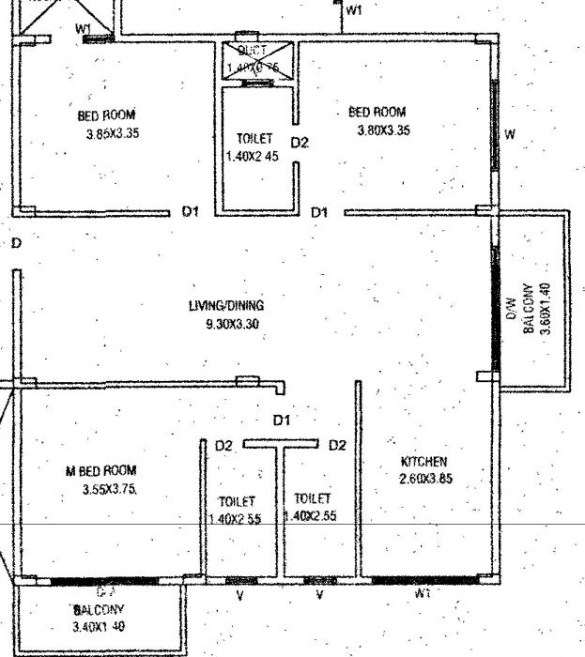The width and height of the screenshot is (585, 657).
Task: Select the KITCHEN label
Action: click(x=423, y=462)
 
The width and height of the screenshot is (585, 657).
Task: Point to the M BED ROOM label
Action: click(x=100, y=471)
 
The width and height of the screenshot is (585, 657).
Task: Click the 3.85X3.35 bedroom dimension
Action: click(x=112, y=133)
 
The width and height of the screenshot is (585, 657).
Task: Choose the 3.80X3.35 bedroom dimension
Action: click(x=383, y=130)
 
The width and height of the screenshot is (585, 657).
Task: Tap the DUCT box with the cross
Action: click(x=259, y=60)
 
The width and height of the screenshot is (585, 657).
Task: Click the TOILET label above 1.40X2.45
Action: click(x=254, y=139)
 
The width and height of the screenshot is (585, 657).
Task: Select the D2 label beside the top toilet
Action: click(x=299, y=143)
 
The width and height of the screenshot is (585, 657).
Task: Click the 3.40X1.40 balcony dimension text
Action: click(x=98, y=626)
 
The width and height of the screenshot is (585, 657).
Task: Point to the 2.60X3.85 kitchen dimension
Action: click(x=425, y=478)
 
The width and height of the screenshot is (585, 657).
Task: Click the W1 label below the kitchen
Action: click(x=423, y=595)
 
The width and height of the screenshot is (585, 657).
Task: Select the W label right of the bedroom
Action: click(x=510, y=134)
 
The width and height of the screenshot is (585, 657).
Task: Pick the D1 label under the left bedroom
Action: click(x=191, y=212)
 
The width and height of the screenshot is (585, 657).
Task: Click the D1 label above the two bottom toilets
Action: click(x=281, y=420)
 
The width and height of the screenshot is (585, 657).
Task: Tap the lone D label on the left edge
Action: click(x=16, y=243)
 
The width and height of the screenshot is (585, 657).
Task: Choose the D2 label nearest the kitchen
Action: click(x=337, y=446)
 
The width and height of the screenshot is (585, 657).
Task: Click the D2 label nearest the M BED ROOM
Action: click(x=223, y=446)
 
